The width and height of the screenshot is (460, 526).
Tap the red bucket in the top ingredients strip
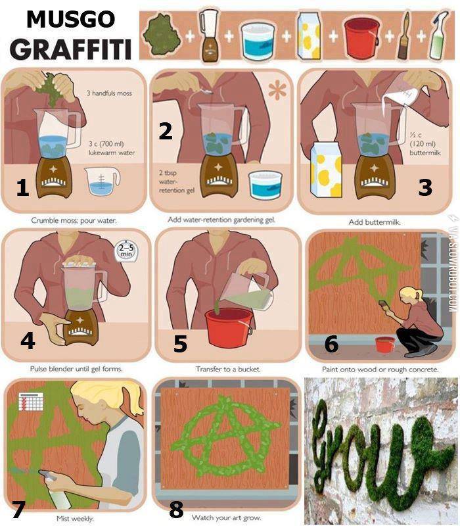363,37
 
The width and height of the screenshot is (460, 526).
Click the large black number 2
166,132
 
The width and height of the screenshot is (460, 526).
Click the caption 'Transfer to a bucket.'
228,370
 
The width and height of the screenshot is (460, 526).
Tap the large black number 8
175,508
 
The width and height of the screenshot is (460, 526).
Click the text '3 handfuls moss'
109,93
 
